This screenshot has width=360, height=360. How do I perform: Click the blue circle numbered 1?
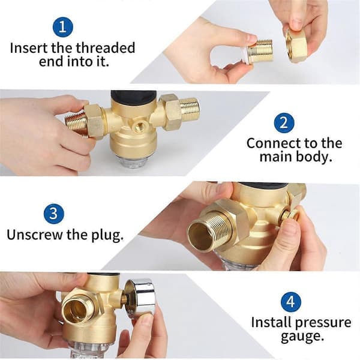(x=62, y=26)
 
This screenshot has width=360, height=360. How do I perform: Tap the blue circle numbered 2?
(x=284, y=123)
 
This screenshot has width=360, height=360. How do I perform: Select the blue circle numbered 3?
(x=53, y=213)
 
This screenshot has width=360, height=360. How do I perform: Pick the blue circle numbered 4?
(x=290, y=302)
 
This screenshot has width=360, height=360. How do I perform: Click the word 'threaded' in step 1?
(x=105, y=48)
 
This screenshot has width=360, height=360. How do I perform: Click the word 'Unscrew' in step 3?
(x=35, y=235)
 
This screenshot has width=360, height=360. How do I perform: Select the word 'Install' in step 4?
(x=271, y=323)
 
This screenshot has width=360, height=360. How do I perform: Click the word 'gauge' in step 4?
(x=302, y=337)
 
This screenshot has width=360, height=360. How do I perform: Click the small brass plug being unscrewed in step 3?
(x=289, y=215)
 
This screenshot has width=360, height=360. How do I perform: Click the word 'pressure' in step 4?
(x=323, y=323)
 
